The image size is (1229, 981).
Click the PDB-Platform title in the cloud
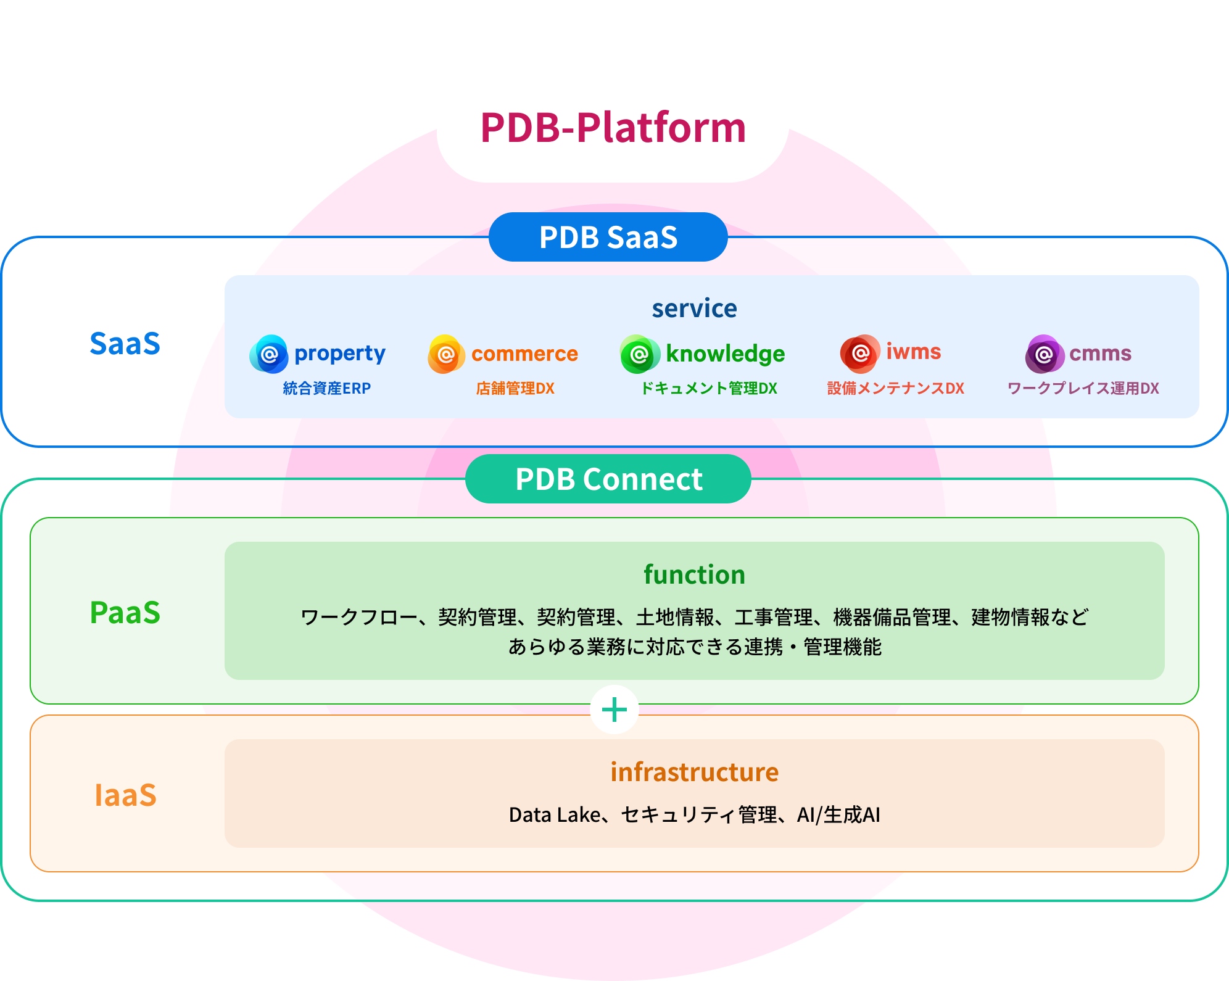(613, 128)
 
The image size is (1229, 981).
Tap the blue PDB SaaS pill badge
(608, 238)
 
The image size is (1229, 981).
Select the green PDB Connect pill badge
(608, 479)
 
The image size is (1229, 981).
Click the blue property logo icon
(268, 354)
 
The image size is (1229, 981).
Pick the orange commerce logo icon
(446, 354)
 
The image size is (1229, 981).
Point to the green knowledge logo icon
(639, 354)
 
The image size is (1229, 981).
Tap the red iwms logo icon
(860, 354)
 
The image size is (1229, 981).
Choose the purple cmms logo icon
(1045, 354)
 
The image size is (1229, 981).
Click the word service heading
(694, 308)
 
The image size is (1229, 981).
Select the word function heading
(694, 574)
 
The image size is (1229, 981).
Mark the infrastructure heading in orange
(694, 772)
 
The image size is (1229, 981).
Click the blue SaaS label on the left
(125, 344)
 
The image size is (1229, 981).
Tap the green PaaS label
(125, 613)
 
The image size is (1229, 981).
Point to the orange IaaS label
(125, 795)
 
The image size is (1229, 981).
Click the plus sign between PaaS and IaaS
(614, 710)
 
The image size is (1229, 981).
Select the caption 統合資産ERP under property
(326, 388)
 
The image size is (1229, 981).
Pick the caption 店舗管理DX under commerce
(515, 388)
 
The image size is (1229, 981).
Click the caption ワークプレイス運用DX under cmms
(1083, 388)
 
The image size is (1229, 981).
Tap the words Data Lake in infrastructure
(554, 815)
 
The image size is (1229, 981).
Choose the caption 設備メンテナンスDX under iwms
(895, 388)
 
